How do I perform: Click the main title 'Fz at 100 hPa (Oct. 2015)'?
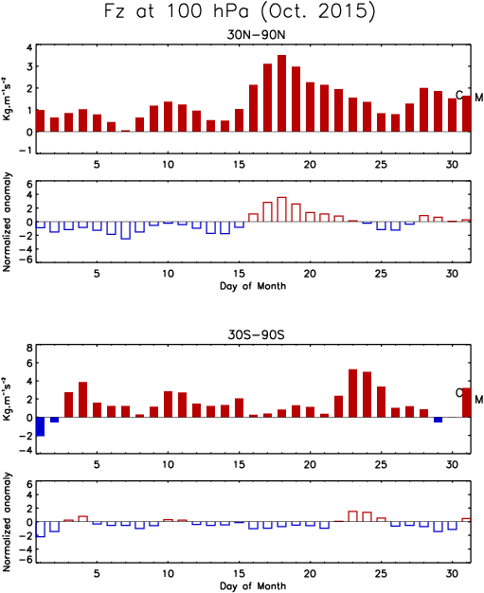(x=240, y=11)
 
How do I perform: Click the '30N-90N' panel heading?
(x=256, y=34)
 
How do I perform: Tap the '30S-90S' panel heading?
(x=256, y=334)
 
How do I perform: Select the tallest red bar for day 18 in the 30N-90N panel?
(x=281, y=94)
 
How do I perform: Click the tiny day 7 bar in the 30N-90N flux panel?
(x=126, y=131)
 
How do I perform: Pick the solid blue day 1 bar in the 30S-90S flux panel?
(x=41, y=426)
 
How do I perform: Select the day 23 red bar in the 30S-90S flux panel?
(x=352, y=393)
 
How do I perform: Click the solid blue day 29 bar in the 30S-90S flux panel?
(x=438, y=420)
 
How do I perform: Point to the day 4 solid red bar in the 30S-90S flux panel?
(x=82, y=400)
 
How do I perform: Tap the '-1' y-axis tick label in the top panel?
(x=27, y=150)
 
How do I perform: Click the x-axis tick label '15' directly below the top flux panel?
(x=239, y=165)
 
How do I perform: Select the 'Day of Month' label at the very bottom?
(x=253, y=585)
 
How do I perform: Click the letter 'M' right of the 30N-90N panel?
(x=479, y=98)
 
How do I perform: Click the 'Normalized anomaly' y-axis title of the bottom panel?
(x=7, y=522)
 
